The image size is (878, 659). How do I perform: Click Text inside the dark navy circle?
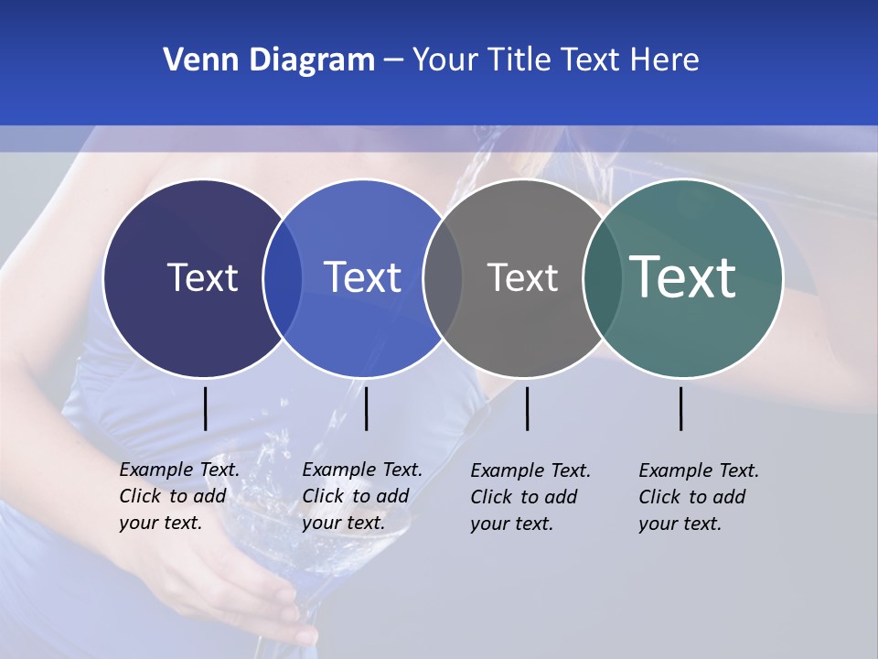[x=202, y=277]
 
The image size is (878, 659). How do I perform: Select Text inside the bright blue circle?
[x=362, y=277]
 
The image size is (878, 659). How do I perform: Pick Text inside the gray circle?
[x=522, y=277]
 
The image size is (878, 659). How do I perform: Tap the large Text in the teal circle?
[x=682, y=277]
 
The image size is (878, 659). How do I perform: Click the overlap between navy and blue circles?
[x=283, y=277]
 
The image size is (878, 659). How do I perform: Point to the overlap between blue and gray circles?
[x=443, y=277]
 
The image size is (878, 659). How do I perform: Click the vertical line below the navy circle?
[x=206, y=408]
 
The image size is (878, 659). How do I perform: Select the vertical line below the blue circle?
[x=366, y=408]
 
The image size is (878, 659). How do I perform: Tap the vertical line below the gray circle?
[x=527, y=408]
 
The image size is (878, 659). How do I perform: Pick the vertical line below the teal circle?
[x=681, y=408]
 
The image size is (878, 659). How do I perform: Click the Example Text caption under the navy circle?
[x=179, y=496]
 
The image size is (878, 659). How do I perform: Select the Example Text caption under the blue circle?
[x=362, y=496]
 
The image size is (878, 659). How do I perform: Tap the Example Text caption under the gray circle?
[x=530, y=497]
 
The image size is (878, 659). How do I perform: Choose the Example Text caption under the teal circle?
[x=699, y=497]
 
